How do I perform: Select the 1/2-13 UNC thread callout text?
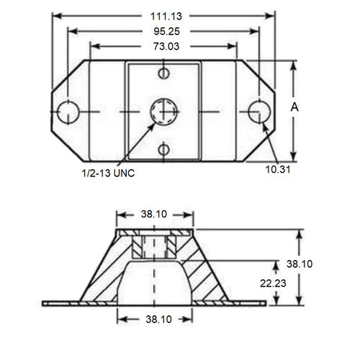pos(108,173)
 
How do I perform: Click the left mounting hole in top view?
pos(68,112)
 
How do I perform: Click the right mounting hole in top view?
pos(258,111)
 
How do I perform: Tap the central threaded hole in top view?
pos(163,112)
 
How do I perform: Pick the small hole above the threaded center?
pos(163,73)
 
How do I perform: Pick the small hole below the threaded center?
pos(163,150)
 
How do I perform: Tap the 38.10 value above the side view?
pos(155,215)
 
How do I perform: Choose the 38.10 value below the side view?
pos(155,319)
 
